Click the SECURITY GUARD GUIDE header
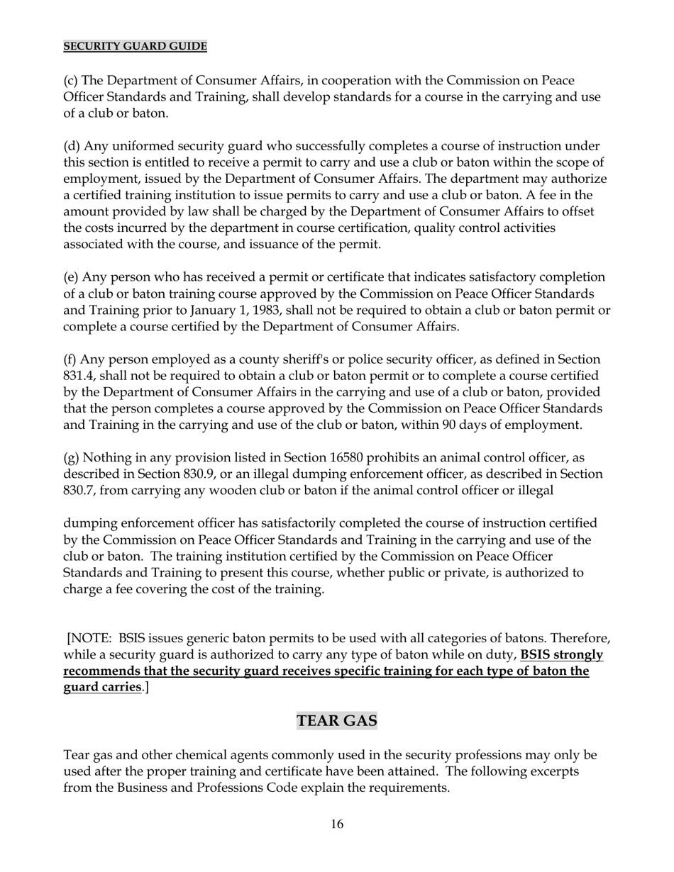click(x=135, y=46)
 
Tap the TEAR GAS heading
click(x=337, y=720)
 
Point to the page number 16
click(x=337, y=824)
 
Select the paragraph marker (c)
click(x=71, y=80)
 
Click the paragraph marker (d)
click(x=72, y=146)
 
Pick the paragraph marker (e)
click(x=71, y=277)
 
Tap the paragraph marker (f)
click(x=71, y=359)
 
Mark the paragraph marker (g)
click(x=72, y=457)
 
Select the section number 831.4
click(x=79, y=376)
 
